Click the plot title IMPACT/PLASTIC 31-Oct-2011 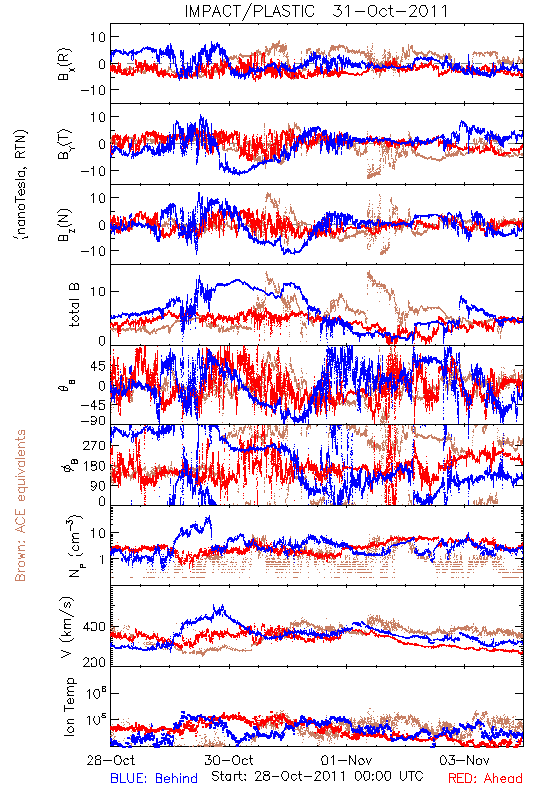pos(315,11)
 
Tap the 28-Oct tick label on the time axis pos(110,760)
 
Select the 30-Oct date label pos(229,760)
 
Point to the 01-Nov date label pos(346,760)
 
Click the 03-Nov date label pos(464,760)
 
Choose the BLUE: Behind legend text pos(154,778)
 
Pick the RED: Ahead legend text pos(484,778)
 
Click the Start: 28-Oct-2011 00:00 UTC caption pos(317,776)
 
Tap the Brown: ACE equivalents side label pos(20,506)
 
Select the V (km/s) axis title pos(67,627)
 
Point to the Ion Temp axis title pos(69,707)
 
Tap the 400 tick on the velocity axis pos(94,627)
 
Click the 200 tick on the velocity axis pos(94,662)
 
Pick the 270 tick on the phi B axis pos(94,446)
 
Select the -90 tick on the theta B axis pos(92,421)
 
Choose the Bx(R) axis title pos(65,64)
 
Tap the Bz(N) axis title pos(65,225)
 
